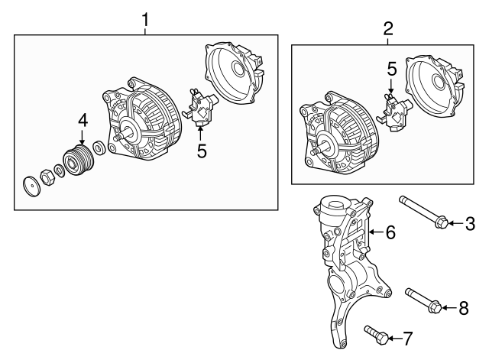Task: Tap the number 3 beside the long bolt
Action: pyautogui.click(x=471, y=223)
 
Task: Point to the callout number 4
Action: pyautogui.click(x=82, y=120)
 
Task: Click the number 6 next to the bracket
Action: pyautogui.click(x=390, y=232)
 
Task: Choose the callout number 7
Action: pyautogui.click(x=407, y=337)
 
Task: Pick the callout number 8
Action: pyautogui.click(x=463, y=308)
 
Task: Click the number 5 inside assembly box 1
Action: pyautogui.click(x=202, y=151)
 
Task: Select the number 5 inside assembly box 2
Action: pyautogui.click(x=390, y=70)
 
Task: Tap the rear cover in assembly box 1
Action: pyautogui.click(x=234, y=73)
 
